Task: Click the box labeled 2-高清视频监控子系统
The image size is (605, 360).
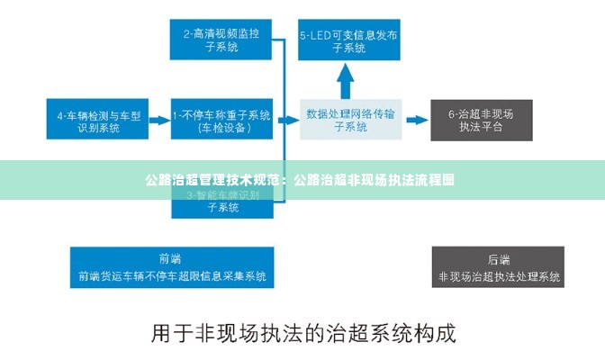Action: [221, 40]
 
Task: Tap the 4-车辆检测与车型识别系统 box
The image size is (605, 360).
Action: [99, 121]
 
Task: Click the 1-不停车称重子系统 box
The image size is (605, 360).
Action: [221, 121]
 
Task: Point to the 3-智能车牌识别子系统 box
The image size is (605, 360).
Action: [221, 202]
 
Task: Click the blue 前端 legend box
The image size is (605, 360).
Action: [172, 267]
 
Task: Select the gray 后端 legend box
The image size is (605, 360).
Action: [498, 267]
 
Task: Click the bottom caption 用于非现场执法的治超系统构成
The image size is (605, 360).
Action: [302, 333]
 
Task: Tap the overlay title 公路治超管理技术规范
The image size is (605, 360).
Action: [213, 179]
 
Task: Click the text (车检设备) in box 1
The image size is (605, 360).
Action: [222, 128]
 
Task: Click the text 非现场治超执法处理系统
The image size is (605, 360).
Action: [498, 276]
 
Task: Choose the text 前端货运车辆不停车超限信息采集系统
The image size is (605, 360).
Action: [172, 276]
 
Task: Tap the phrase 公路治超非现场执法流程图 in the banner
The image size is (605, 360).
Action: [374, 179]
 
